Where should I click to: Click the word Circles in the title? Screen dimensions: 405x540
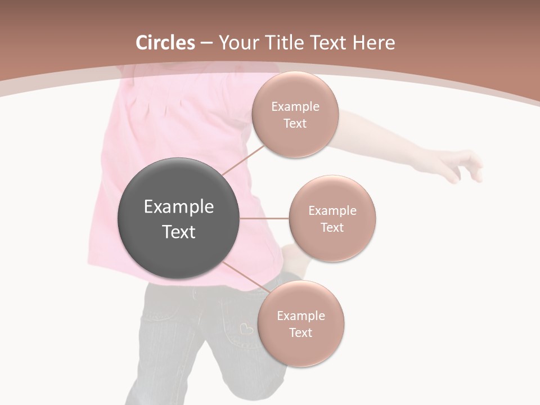click(x=165, y=43)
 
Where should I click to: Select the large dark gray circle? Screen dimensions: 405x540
click(x=178, y=218)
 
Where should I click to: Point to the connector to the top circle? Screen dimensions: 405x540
click(x=243, y=159)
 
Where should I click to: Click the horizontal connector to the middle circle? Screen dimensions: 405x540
click(x=264, y=218)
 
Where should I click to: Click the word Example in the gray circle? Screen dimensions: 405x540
click(x=178, y=206)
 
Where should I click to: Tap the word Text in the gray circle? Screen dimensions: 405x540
click(x=178, y=232)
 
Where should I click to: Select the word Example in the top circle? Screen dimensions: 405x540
click(x=295, y=106)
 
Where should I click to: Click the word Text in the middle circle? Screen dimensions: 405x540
click(x=332, y=227)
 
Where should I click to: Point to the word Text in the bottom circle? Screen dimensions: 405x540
click(x=300, y=332)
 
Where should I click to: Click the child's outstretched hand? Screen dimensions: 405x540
click(x=461, y=164)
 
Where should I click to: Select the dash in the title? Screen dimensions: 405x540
click(x=206, y=43)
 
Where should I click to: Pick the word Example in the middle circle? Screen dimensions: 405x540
click(x=332, y=210)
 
